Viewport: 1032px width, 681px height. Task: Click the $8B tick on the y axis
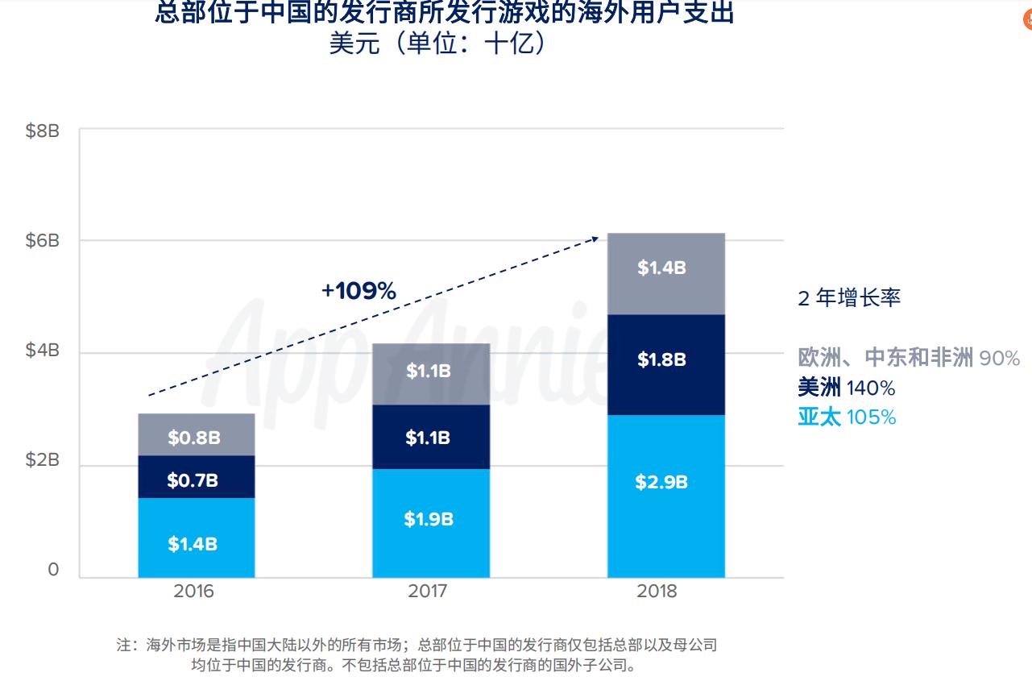(43, 131)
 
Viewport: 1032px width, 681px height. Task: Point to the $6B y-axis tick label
(43, 241)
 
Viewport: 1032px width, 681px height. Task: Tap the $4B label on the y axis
(43, 351)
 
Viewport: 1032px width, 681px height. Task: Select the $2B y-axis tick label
(43, 460)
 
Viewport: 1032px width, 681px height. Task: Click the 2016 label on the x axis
(194, 592)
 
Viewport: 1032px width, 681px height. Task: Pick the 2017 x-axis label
(428, 592)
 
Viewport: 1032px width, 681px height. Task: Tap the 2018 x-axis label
(657, 592)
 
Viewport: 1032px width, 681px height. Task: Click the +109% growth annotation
(359, 291)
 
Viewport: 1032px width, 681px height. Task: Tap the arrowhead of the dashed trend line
(594, 238)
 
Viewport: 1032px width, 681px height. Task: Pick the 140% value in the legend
(871, 388)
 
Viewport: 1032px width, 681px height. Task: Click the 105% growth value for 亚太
(871, 417)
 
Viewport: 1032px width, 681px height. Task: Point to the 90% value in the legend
(1000, 359)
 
